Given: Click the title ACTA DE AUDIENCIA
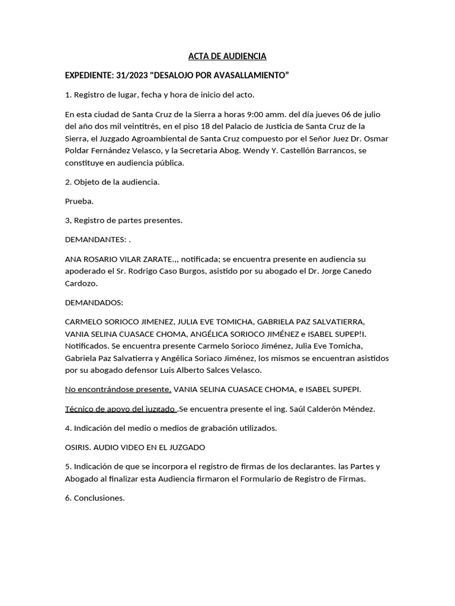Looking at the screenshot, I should (x=227, y=56).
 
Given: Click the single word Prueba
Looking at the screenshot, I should (x=79, y=201).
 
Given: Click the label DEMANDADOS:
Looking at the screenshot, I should (x=94, y=302).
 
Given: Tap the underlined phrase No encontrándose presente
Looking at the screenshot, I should (x=118, y=389).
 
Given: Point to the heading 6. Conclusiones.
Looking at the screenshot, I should (x=95, y=498).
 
